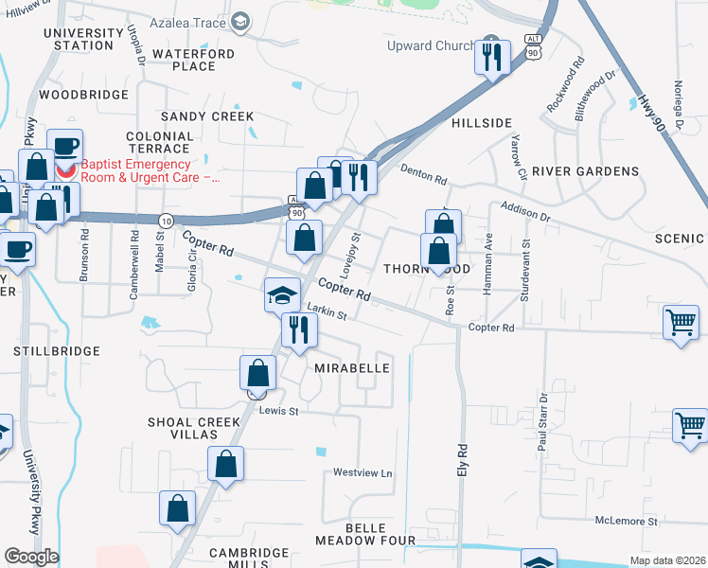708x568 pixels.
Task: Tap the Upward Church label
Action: tap(429, 45)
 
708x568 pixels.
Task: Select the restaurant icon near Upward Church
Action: tap(492, 57)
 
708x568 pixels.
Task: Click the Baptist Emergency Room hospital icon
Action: tap(65, 172)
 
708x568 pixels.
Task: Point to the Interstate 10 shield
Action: tap(166, 221)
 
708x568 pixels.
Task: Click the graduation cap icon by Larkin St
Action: tap(282, 295)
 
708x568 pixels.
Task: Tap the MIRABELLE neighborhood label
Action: tap(351, 367)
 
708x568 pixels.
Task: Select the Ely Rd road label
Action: tap(463, 460)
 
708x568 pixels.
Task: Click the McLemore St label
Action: tap(626, 522)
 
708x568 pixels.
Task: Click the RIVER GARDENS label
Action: tap(585, 171)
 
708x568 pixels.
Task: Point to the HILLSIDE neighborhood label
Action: tap(481, 123)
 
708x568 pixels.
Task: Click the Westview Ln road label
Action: tap(362, 472)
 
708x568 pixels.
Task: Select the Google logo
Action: tap(31, 556)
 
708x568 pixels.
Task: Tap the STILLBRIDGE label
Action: tap(57, 351)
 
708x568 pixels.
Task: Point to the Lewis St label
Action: tap(279, 411)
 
